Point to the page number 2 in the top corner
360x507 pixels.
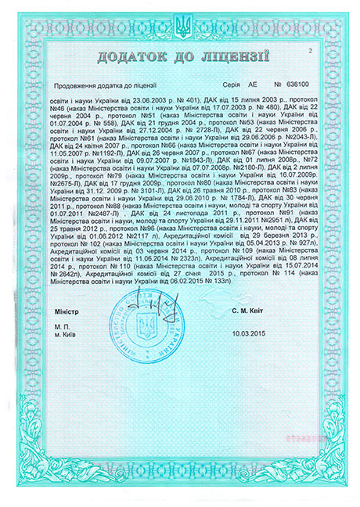[311, 50]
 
